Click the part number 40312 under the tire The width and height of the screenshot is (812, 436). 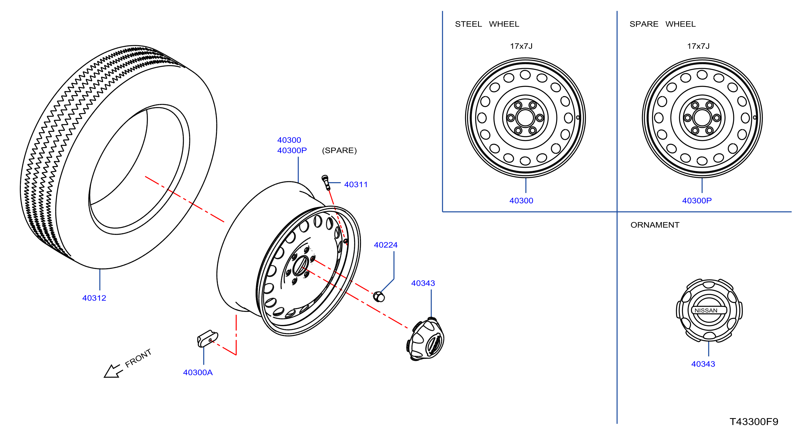[x=94, y=298]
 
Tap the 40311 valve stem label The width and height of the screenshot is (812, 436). [x=356, y=185]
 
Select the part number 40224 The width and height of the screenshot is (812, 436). [x=386, y=245]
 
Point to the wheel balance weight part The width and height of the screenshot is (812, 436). [x=207, y=338]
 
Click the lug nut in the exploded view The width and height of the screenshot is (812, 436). [x=379, y=296]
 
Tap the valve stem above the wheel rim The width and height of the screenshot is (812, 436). [x=326, y=183]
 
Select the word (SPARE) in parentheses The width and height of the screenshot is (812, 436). [x=339, y=150]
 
